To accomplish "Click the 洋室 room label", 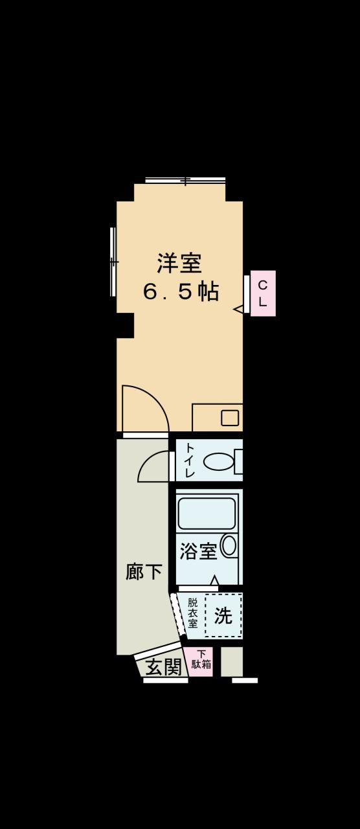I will pos(179,263).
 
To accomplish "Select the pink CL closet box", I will pos(263,293).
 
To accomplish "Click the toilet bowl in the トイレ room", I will pos(218,462).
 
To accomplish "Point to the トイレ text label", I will pos(189,460).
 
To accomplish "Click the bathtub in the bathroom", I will pos(207,514).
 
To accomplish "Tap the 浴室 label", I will pos(197,552).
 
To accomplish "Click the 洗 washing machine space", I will pos(223,615).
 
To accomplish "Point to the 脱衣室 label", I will pos(192,613).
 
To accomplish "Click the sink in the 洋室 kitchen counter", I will pos(230,418).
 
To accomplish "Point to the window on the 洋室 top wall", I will pos(185,180).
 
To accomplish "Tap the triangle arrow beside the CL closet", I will pos(238,309).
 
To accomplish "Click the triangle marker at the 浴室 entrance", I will pos(214,580).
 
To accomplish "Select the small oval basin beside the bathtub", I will pos(229,545).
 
